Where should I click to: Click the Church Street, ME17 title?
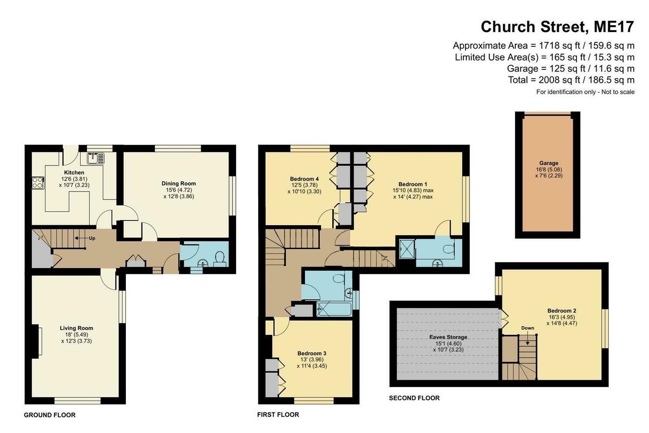(x=557, y=27)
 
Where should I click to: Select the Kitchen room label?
(x=74, y=173)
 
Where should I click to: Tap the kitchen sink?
(x=95, y=158)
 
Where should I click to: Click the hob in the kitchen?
(x=38, y=183)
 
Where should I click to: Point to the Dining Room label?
(x=178, y=184)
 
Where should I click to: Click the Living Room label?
(x=76, y=328)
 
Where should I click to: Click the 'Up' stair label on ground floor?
(x=92, y=238)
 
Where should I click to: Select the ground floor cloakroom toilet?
(x=220, y=257)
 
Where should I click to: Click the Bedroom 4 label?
(x=304, y=179)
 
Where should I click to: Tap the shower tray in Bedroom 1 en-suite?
(x=406, y=248)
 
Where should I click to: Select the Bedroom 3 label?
(x=311, y=353)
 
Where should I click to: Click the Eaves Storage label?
(x=448, y=337)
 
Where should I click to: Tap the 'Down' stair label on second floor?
(x=528, y=328)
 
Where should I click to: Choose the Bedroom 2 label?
(x=561, y=311)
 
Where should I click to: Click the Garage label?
(x=548, y=163)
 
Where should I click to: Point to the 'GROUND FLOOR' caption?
(x=49, y=415)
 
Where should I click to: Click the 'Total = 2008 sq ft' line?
(x=571, y=80)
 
